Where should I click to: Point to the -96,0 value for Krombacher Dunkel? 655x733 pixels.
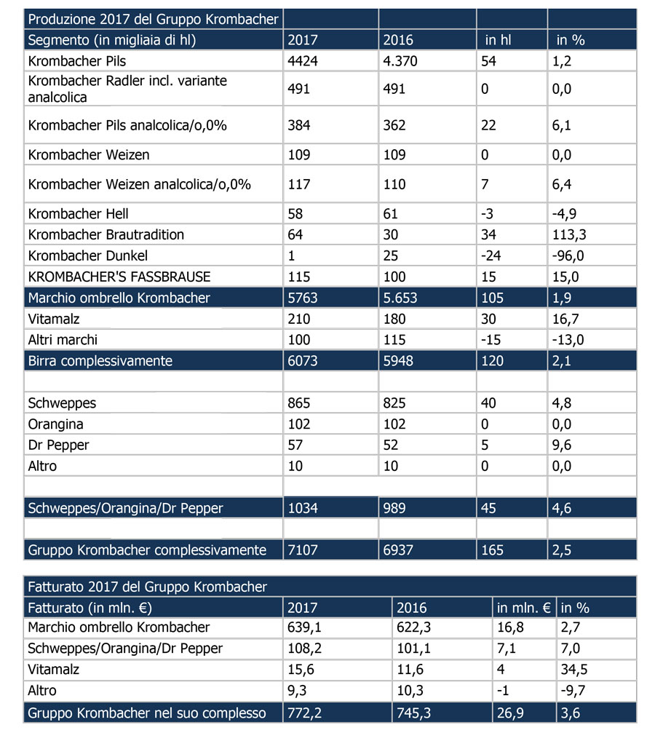click(x=568, y=255)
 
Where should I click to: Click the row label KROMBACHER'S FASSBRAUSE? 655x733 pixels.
click(x=119, y=277)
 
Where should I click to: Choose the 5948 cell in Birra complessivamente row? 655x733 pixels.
click(x=398, y=361)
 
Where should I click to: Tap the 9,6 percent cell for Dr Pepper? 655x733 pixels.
click(x=562, y=445)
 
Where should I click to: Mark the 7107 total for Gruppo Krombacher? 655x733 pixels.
click(x=303, y=550)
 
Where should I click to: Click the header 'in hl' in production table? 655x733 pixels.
click(x=499, y=40)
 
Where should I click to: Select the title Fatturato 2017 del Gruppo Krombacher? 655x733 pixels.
click(x=148, y=587)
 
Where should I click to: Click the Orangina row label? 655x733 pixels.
click(x=56, y=424)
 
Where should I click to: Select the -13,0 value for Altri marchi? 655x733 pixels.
click(x=568, y=340)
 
